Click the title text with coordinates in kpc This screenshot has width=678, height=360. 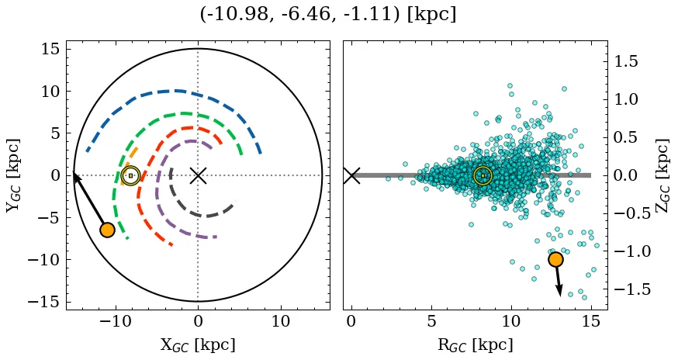tap(327, 15)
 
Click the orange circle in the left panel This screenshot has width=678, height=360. tap(107, 230)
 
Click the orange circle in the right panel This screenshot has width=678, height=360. tap(555, 259)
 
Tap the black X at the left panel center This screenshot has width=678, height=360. tap(198, 175)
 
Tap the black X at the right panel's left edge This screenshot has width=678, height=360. tap(351, 175)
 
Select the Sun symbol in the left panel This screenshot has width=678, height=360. tap(130, 175)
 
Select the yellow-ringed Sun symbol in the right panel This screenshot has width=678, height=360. tap(483, 175)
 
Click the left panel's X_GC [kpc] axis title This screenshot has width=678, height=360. tap(197, 344)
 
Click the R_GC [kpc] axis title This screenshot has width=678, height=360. tap(475, 344)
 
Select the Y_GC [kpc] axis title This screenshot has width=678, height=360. tap(15, 175)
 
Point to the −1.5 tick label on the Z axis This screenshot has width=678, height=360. tap(632, 289)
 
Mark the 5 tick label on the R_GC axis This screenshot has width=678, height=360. tap(431, 321)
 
